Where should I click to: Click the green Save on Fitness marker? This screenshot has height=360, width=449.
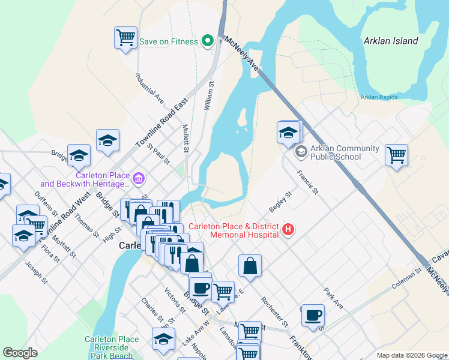pos(208,41)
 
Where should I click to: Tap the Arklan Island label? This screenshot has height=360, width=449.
pos(390,41)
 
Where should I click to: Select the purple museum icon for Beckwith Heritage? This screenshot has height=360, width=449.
pos(139,178)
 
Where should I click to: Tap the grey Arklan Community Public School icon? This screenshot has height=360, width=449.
pos(300,152)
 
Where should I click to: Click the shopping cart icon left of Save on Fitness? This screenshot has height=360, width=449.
pos(125,37)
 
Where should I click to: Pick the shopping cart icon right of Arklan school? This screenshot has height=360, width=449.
pos(396,154)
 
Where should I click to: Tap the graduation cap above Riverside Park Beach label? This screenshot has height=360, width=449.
pos(163,338)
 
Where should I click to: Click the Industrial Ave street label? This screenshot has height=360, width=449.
pos(149,88)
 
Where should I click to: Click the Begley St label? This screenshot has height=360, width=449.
pos(280,202)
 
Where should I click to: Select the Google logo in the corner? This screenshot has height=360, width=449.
pos(20,353)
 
